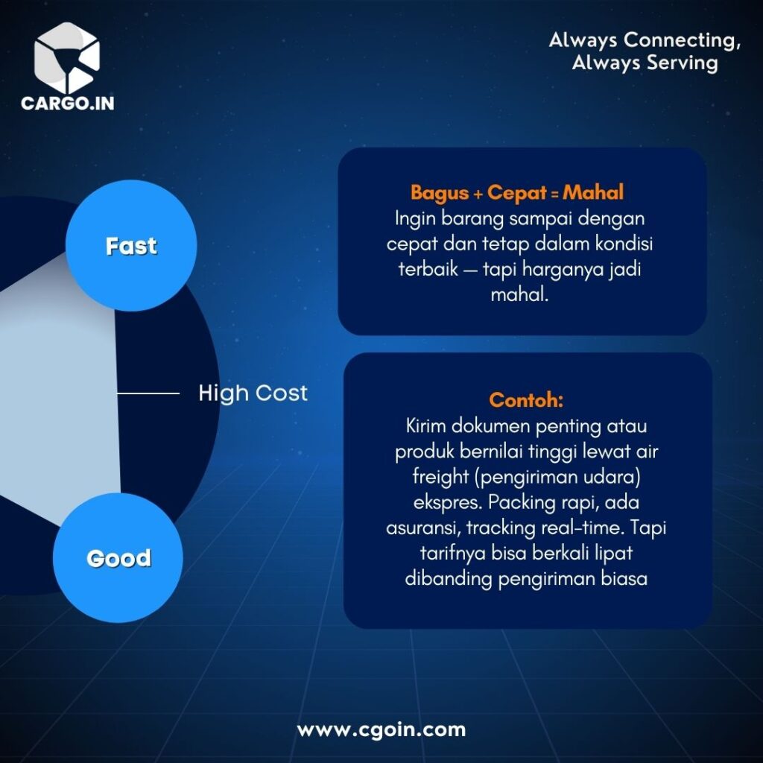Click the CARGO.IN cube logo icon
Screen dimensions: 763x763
(x=66, y=57)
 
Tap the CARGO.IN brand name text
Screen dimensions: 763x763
(x=68, y=103)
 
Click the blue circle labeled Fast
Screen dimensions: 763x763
(x=131, y=246)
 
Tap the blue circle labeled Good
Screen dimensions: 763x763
(x=118, y=557)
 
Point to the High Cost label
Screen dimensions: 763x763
(x=253, y=393)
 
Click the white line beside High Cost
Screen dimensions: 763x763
(x=148, y=393)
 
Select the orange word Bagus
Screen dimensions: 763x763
(x=440, y=193)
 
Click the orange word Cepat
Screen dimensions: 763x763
(x=517, y=193)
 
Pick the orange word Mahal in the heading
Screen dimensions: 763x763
(x=592, y=192)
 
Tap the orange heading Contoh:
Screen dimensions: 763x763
(x=526, y=399)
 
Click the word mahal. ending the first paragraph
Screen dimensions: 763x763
(x=519, y=294)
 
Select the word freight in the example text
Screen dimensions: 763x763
(x=441, y=476)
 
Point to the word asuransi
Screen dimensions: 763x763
(x=423, y=528)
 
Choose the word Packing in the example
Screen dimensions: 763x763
(x=522, y=502)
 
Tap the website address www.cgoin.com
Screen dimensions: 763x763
(x=381, y=730)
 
